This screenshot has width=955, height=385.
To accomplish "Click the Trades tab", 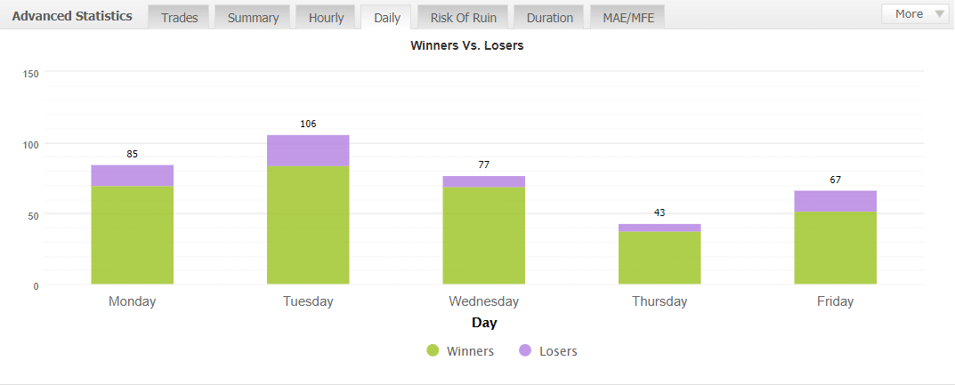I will click(x=179, y=17).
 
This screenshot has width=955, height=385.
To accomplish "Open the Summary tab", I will click(x=253, y=17).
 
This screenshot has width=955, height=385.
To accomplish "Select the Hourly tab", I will click(x=326, y=17).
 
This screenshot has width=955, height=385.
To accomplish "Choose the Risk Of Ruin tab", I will click(x=463, y=17).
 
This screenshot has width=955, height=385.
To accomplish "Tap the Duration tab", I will click(x=549, y=17).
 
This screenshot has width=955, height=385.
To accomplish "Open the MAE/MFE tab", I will click(x=627, y=17).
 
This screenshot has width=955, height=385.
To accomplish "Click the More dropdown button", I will click(x=916, y=14).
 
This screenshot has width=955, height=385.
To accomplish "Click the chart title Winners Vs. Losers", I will click(x=466, y=45).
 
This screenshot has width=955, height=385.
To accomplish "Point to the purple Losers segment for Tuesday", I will click(x=308, y=151).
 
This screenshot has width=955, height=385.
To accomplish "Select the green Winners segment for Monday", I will click(x=132, y=235).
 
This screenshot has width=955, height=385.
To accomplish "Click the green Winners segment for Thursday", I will click(x=660, y=258).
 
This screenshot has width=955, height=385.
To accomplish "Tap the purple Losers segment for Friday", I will click(x=835, y=201).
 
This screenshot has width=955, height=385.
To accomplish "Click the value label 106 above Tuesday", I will click(x=308, y=124).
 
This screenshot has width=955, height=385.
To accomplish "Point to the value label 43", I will click(x=660, y=213).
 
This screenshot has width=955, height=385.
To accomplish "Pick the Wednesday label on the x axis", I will click(x=483, y=301).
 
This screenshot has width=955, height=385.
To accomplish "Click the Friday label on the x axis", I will click(x=835, y=301).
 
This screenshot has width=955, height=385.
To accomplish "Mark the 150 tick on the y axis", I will click(x=30, y=73).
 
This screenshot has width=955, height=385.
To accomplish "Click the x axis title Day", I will click(x=484, y=323).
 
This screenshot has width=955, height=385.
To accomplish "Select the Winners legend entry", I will click(x=460, y=351).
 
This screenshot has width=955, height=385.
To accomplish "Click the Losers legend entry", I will click(x=548, y=351).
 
